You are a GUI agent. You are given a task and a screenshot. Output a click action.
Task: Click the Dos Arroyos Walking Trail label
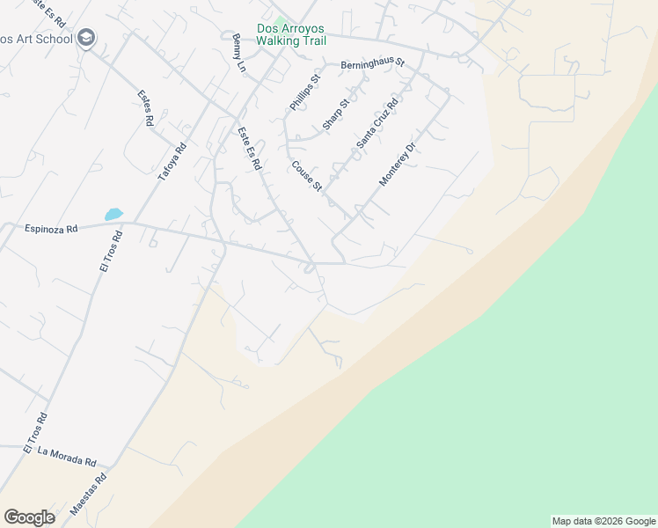291,34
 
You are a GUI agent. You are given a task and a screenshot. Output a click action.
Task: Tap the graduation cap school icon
86,38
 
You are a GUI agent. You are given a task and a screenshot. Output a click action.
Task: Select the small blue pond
113,214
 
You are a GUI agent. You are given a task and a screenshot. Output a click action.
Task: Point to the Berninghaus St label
371,63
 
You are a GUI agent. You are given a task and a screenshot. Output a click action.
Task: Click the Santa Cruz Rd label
377,122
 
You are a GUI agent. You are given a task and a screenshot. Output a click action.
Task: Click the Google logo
29,517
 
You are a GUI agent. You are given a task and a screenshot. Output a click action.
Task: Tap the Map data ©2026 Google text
604,521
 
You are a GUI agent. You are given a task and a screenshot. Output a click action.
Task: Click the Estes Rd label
146,108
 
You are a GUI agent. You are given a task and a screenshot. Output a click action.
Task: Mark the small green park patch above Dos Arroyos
281,19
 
